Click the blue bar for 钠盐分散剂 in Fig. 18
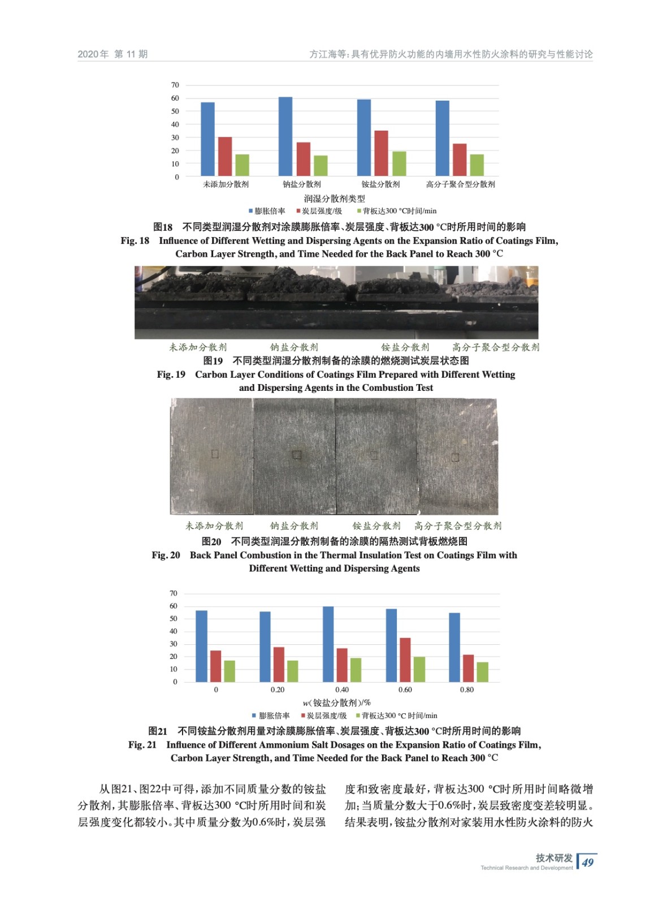click(x=285, y=136)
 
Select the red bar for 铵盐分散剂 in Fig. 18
click(x=381, y=153)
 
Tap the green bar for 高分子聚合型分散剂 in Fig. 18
click(x=477, y=165)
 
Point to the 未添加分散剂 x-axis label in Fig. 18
click(x=226, y=184)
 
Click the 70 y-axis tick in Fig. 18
click(x=175, y=85)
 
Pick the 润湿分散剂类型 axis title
click(x=335, y=199)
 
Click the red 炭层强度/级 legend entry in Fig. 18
click(x=319, y=211)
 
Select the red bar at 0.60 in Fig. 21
click(x=405, y=660)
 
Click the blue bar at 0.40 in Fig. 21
click(x=328, y=644)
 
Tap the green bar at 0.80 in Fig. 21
click(x=482, y=672)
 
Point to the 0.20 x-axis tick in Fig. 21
click(x=278, y=690)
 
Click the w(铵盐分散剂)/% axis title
click(x=336, y=703)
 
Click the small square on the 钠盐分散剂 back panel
click(x=296, y=455)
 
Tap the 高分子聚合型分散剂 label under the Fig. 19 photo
click(x=496, y=347)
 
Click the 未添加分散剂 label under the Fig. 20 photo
click(x=214, y=526)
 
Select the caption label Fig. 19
click(x=171, y=374)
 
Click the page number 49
click(x=588, y=863)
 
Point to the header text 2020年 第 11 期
click(x=112, y=54)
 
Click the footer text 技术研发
click(x=554, y=858)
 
